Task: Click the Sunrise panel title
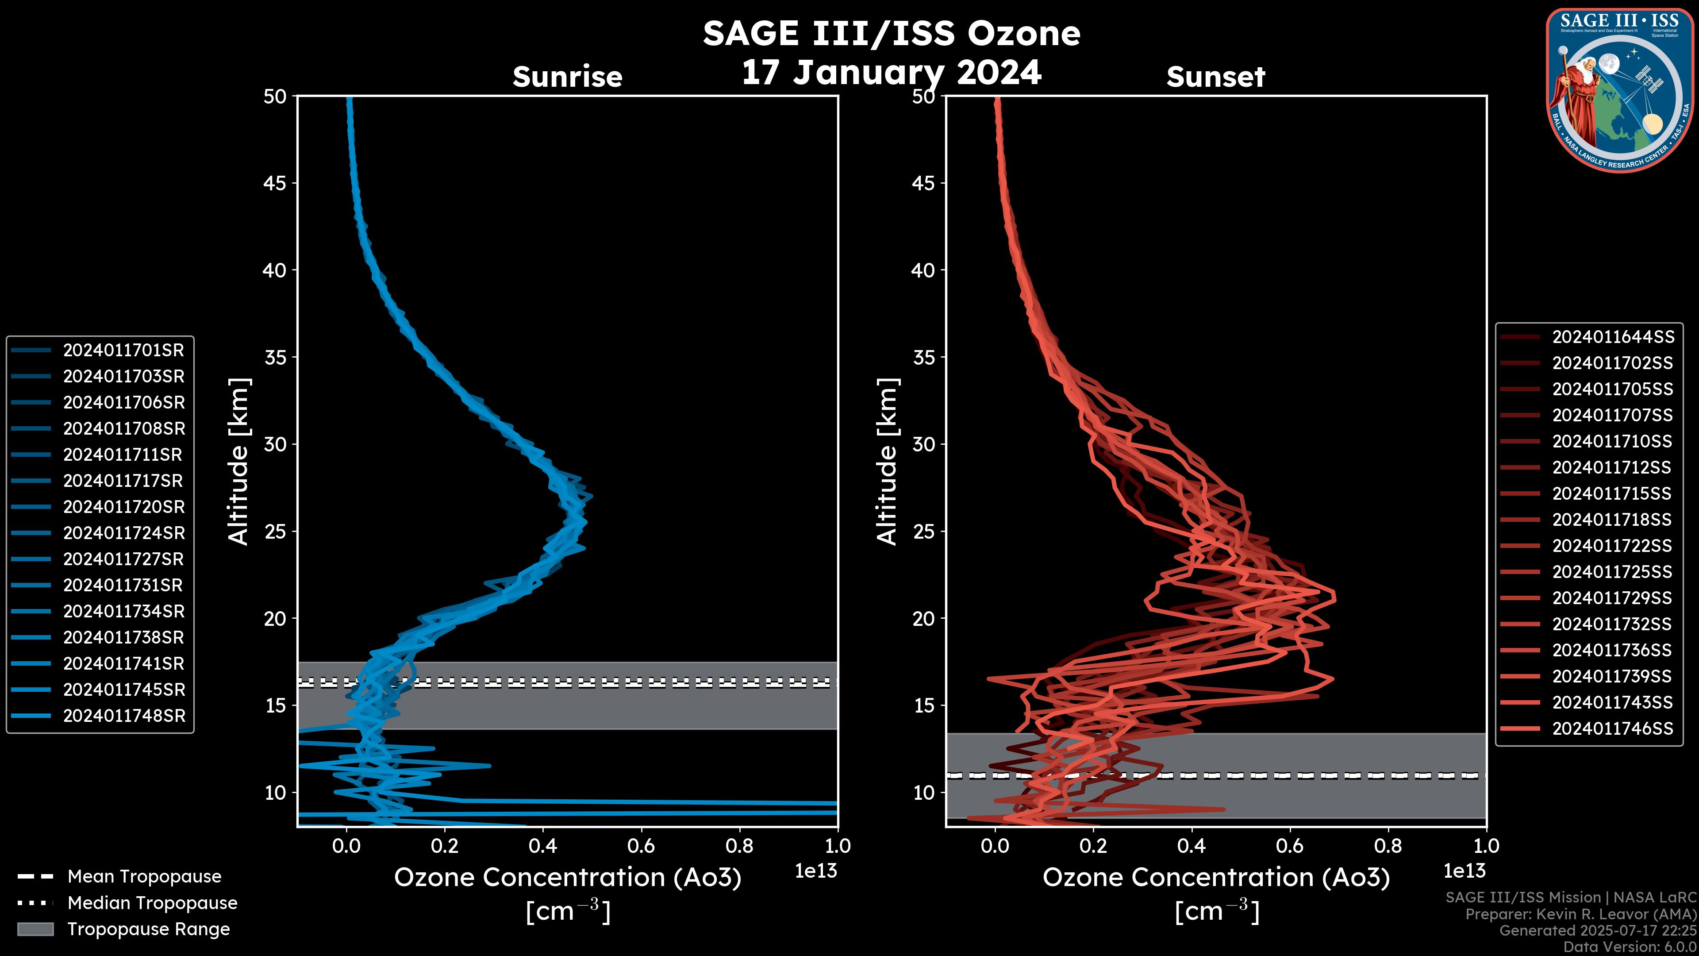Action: [567, 77]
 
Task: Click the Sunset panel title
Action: [1215, 77]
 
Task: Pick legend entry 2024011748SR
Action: [124, 716]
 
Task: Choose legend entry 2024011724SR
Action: [123, 533]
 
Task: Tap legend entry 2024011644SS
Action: [1613, 337]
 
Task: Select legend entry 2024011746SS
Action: [1613, 729]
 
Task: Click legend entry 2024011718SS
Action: [1613, 520]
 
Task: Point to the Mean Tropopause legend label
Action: [144, 877]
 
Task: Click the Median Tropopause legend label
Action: [152, 903]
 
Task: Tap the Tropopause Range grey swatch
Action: [35, 929]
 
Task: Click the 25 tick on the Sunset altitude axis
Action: [923, 532]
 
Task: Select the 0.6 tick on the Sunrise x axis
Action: [641, 846]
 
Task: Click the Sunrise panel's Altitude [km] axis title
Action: [239, 462]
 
